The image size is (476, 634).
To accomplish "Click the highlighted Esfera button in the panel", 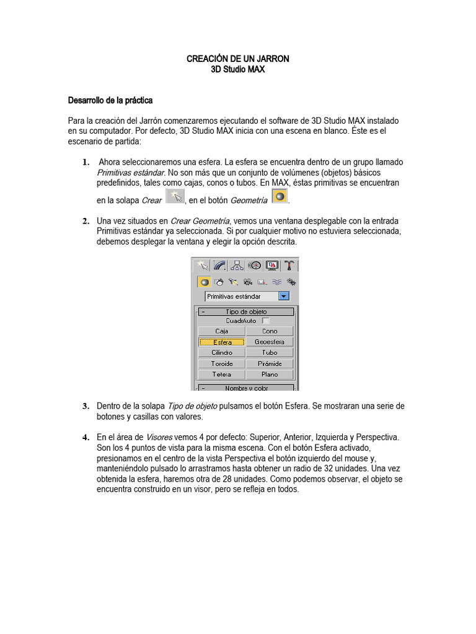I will point(222,342).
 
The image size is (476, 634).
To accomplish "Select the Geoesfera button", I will point(270,342).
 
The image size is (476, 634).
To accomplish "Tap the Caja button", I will point(222,331).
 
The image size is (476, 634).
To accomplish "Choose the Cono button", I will point(270,331).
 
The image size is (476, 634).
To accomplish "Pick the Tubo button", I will point(270,353).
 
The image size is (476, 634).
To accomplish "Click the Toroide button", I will point(222,363).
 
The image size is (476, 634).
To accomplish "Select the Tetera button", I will point(222,375).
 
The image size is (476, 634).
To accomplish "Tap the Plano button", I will point(270,375).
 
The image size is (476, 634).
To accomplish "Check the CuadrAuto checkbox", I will point(266,321).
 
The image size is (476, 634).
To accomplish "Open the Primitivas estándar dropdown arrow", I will point(284,296).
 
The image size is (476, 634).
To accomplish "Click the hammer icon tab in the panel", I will point(289,266).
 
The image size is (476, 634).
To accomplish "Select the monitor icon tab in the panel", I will point(272,266).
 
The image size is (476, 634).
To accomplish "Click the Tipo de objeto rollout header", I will point(246,312).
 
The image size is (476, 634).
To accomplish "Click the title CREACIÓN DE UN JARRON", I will point(238,59).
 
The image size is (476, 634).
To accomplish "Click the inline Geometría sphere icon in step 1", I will point(280,197).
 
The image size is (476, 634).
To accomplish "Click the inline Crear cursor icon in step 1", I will point(175,197).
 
